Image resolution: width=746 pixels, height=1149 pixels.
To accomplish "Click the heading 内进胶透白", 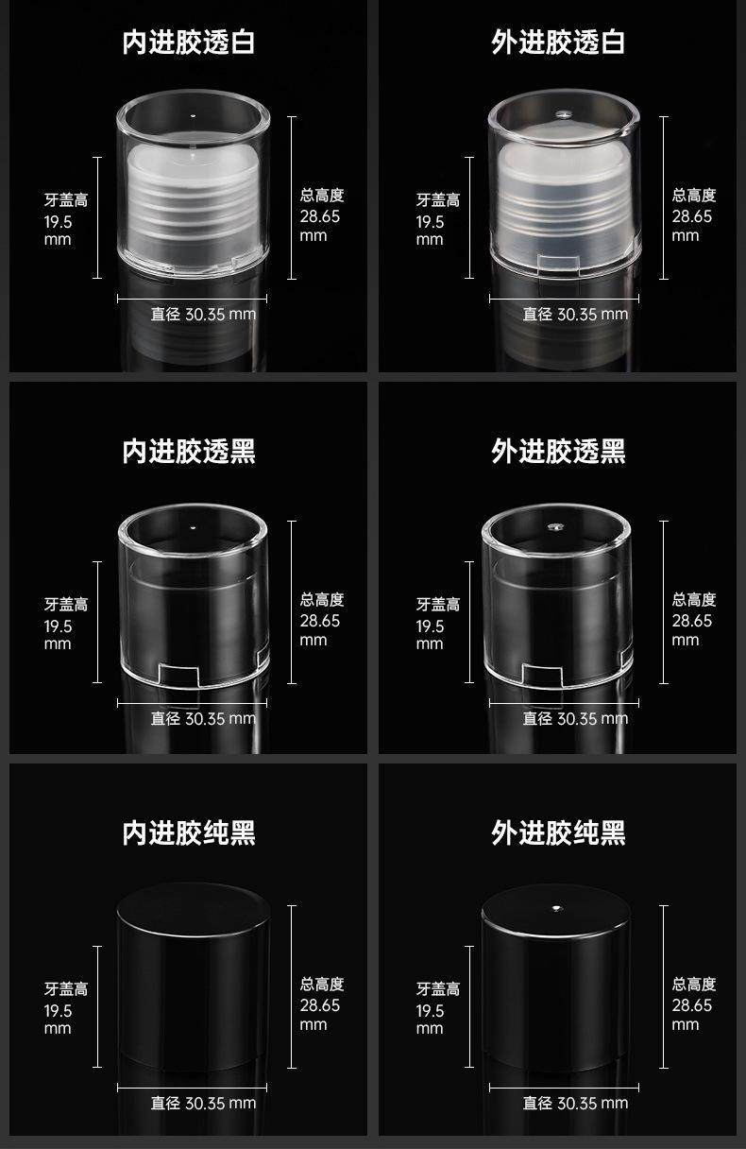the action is (188, 43).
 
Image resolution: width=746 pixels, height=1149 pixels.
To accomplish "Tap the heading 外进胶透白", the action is (558, 43).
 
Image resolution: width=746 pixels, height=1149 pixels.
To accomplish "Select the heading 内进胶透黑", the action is (188, 452).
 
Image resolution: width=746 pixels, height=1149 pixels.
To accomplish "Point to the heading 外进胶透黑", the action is (558, 452).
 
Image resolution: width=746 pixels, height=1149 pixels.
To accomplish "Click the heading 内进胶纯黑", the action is (188, 833).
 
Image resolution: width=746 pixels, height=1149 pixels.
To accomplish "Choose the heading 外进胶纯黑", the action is (558, 833).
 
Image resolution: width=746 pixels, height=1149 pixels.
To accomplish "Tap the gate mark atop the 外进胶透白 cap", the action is (564, 114).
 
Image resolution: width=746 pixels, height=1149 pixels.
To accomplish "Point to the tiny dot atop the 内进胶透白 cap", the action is (193, 116).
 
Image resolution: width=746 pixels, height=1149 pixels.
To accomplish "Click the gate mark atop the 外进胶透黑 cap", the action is (554, 527).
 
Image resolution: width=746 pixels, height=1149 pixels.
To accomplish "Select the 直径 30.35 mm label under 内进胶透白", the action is (203, 315).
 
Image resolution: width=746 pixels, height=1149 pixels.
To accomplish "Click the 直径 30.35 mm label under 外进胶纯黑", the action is (575, 1104).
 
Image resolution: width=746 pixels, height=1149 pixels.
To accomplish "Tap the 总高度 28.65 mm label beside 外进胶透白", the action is (694, 214).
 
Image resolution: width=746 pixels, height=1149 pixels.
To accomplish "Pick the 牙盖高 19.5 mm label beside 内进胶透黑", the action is (65, 623).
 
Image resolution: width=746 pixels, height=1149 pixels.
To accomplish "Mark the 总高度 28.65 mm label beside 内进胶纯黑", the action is (321, 1004).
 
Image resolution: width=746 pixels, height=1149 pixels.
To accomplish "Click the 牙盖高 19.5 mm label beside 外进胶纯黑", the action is (438, 1007).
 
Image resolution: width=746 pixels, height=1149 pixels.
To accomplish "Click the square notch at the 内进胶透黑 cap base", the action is (178, 674).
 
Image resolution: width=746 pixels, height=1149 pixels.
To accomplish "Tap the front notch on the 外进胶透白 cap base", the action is (558, 262).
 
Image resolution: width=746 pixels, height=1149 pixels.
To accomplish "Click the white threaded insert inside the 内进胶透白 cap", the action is (193, 204).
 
